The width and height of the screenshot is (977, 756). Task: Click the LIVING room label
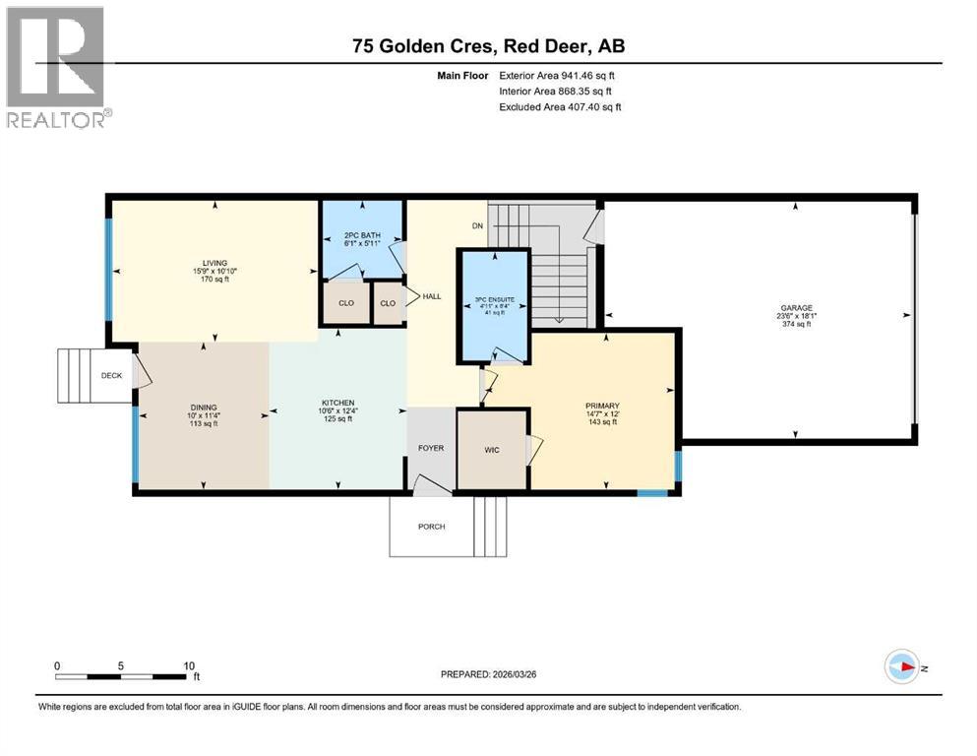click(x=204, y=263)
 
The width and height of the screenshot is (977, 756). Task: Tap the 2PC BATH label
click(x=362, y=235)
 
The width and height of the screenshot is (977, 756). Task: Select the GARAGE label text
click(x=796, y=308)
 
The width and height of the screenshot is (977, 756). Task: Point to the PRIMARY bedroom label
click(x=602, y=406)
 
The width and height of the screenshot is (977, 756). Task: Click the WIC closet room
click(x=492, y=450)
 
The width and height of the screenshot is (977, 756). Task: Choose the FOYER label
click(x=431, y=448)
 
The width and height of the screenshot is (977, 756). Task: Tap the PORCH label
click(x=431, y=527)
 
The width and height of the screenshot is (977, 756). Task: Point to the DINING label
click(x=204, y=408)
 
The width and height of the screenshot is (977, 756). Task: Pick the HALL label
click(x=432, y=296)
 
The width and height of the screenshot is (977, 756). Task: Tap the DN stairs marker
click(x=476, y=225)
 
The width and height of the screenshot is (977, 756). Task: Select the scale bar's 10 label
click(x=188, y=664)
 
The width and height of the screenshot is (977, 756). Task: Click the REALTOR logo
click(x=56, y=66)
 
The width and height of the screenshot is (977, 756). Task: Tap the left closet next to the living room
click(x=345, y=303)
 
